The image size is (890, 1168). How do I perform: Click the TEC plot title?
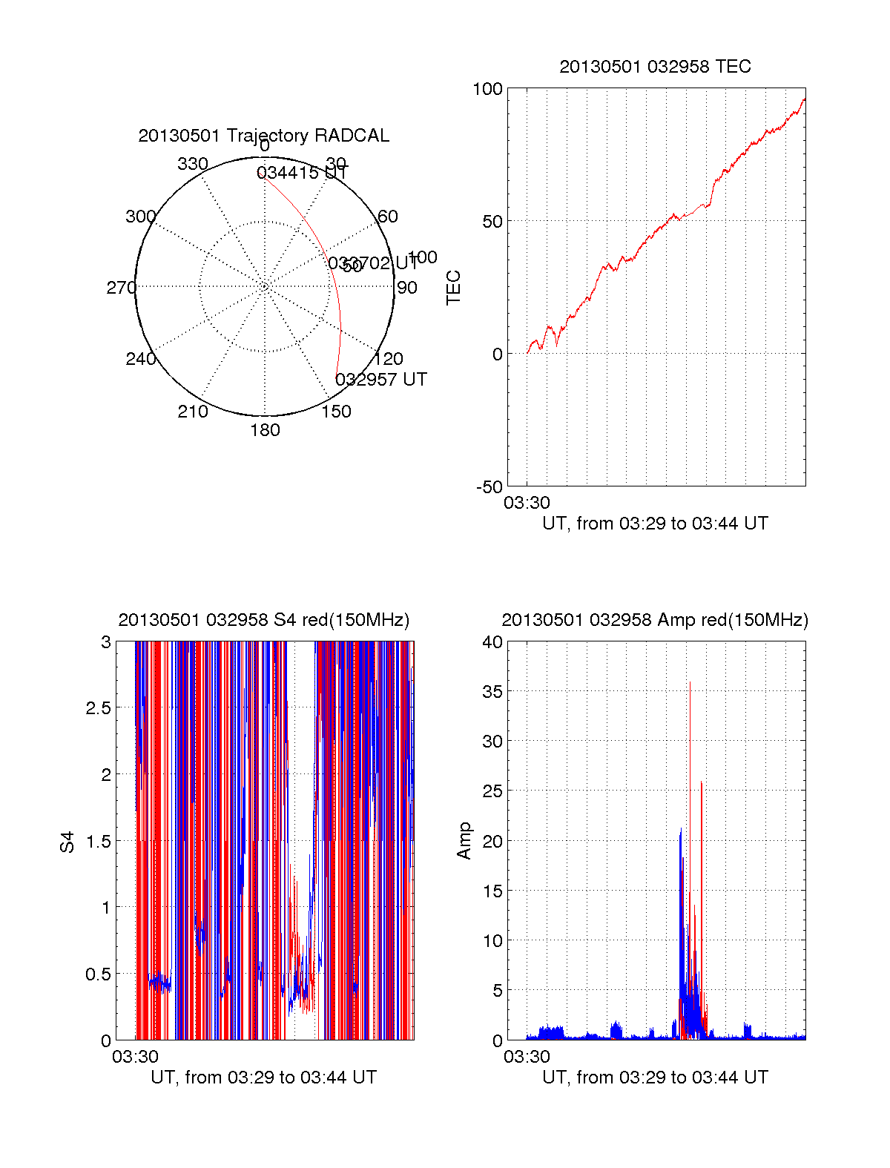[x=655, y=67]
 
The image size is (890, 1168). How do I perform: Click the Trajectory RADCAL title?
[x=263, y=136]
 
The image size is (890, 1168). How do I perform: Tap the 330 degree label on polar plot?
[x=192, y=164]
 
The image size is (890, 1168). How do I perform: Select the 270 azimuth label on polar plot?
[x=121, y=288]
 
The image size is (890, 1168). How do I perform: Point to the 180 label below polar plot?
[x=265, y=430]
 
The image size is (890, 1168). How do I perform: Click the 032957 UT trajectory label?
[x=380, y=380]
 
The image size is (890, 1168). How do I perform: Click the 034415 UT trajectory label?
[x=302, y=173]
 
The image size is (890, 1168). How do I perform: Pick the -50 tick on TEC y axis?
[x=489, y=487]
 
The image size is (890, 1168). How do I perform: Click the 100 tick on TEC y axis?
[x=487, y=89]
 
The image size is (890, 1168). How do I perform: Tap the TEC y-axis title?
[x=453, y=288]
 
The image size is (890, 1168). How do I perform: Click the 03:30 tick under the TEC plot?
[x=527, y=503]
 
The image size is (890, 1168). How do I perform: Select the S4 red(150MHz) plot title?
[x=263, y=620]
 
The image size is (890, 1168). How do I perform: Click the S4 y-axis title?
[x=67, y=842]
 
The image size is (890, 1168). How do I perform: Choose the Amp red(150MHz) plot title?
[x=655, y=620]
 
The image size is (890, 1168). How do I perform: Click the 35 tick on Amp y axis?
[x=492, y=692]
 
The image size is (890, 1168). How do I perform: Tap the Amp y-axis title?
[x=464, y=841]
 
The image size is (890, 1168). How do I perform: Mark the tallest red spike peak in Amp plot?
[x=690, y=683]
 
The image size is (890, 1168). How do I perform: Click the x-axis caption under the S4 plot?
[x=263, y=1078]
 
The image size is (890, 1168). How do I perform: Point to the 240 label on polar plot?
[x=140, y=359]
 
